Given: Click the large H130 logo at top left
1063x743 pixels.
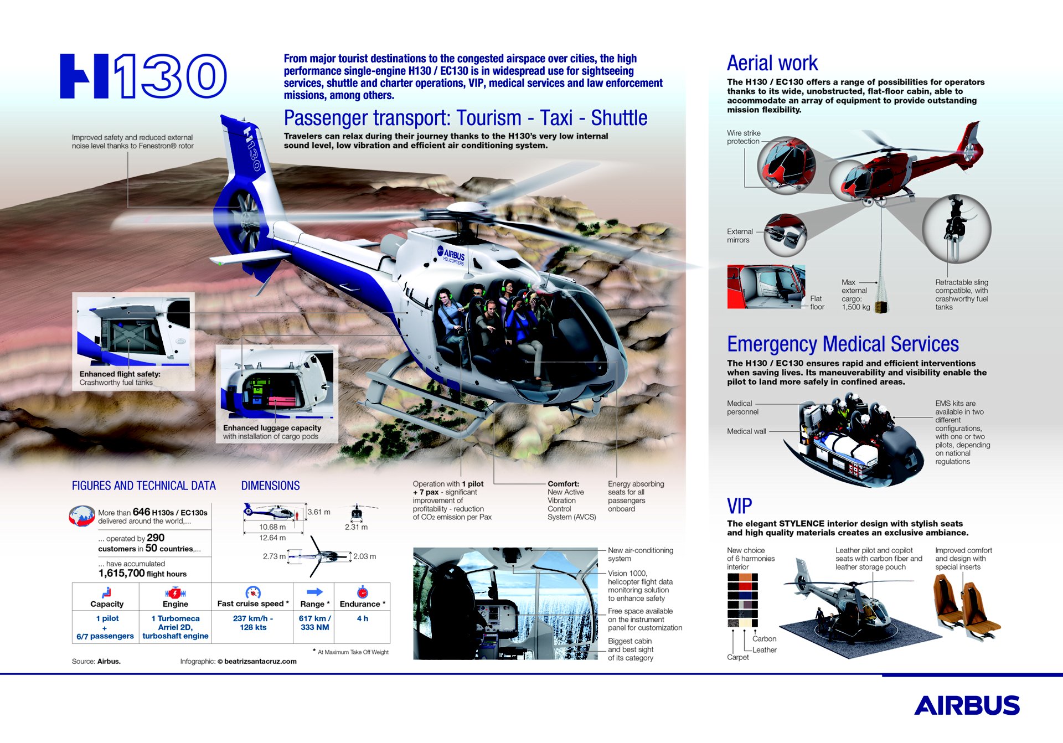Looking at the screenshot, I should coord(143,76).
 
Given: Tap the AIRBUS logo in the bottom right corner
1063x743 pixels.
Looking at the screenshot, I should coord(966,705).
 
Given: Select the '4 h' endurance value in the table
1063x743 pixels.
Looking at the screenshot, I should coord(362,618).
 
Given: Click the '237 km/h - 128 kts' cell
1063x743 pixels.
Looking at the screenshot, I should coord(253,623).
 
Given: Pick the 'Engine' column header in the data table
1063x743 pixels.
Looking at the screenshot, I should coord(175,603).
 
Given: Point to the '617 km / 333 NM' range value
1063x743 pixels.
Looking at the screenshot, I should coord(314,623).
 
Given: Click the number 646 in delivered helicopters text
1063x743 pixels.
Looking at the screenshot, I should coord(141,512).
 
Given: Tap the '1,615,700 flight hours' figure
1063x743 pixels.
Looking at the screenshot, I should coord(142,574).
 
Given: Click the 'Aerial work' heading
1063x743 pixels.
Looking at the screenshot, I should coord(772,63).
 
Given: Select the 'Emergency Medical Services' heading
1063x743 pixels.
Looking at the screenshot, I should coord(842,344).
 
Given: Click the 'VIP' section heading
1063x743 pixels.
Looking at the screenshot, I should coord(739,506).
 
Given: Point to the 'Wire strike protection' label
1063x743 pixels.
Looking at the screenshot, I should coord(743,137).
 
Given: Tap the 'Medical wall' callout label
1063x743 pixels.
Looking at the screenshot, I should coord(746,431).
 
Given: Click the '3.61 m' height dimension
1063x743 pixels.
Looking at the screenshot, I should coord(318,512).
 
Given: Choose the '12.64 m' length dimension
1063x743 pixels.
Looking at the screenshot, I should coord(272,538).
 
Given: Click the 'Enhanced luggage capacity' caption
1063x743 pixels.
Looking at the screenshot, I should coord(272,428).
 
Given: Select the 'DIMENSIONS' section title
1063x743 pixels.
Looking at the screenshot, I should coord(270,486).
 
